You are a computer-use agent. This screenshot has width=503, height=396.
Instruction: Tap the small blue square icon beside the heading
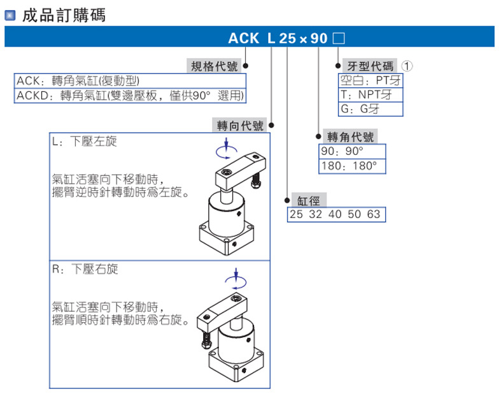(10, 15)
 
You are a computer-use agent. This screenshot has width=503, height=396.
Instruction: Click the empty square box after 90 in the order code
(339, 38)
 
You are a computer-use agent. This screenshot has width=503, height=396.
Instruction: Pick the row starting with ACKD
(131, 96)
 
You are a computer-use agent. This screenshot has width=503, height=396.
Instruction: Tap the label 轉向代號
(239, 126)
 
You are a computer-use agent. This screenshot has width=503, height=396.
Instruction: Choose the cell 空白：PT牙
(370, 80)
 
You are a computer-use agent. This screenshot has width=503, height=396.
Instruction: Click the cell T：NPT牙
(370, 94)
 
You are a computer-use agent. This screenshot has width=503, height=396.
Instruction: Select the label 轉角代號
(351, 137)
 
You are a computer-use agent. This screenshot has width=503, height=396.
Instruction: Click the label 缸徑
(309, 200)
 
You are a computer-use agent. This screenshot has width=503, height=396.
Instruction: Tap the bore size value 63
(373, 214)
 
